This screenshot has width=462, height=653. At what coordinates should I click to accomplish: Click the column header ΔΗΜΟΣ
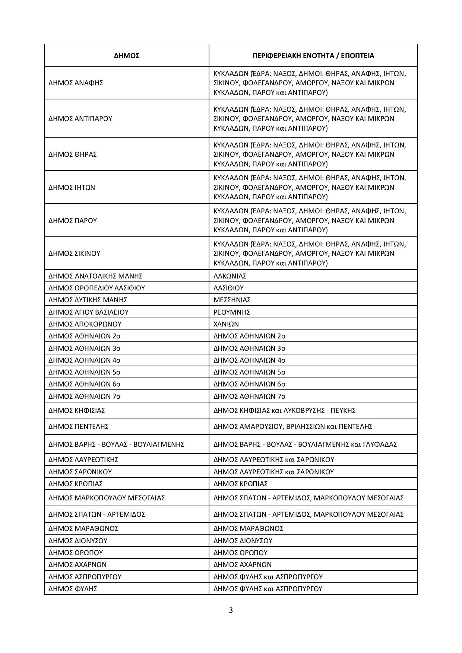(127, 56)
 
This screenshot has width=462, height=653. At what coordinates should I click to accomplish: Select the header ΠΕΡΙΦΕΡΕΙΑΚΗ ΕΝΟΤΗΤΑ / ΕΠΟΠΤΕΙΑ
(313, 56)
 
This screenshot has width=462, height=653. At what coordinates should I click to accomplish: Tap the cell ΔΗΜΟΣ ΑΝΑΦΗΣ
(76, 83)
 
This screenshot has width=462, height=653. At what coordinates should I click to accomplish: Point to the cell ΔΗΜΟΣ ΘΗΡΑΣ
(73, 154)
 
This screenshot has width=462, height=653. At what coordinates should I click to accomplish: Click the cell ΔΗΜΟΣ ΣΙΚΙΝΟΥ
(75, 253)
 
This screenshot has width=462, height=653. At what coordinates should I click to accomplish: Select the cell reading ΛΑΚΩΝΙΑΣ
(230, 276)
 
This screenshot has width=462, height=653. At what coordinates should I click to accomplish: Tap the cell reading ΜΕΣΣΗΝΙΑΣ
(232, 300)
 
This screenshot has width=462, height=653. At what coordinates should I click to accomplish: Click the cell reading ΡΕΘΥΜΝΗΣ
(232, 312)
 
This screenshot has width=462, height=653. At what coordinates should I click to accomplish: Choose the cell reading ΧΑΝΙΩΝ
(226, 324)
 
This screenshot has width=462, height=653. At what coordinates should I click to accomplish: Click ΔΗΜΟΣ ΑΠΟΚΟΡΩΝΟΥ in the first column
(85, 324)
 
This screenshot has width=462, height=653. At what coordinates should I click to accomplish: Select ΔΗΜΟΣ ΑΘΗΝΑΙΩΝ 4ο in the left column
(84, 360)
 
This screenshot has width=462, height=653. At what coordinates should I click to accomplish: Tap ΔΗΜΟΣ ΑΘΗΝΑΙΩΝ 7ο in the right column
(249, 396)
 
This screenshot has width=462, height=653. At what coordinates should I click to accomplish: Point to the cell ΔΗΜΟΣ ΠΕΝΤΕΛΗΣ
(79, 426)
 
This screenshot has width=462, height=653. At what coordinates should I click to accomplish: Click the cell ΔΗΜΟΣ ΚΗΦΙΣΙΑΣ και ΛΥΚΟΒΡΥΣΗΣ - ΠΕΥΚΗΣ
(284, 410)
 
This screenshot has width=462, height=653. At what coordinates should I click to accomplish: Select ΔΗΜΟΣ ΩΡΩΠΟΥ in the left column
(76, 552)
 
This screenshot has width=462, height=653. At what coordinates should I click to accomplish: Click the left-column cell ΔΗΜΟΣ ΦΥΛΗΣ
(73, 589)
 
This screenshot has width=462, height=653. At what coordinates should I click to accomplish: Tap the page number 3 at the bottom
(231, 610)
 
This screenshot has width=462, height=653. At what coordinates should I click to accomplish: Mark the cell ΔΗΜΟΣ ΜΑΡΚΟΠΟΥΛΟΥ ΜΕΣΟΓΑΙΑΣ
(107, 498)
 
